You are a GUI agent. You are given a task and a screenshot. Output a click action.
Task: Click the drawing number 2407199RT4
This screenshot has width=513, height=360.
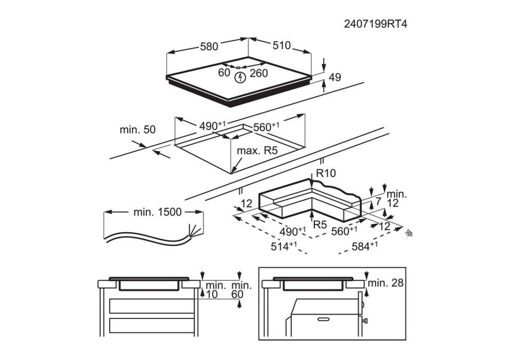(375, 23)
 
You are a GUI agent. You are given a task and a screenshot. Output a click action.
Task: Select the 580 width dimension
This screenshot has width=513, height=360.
(209, 46)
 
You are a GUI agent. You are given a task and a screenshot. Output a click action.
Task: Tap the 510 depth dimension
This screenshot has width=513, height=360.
(282, 45)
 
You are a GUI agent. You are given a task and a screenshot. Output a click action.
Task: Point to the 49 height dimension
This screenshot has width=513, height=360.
(335, 78)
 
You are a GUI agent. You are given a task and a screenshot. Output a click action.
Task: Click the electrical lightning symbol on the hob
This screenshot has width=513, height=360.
(239, 78)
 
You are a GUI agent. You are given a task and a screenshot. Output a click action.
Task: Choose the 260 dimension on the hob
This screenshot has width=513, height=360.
(259, 73)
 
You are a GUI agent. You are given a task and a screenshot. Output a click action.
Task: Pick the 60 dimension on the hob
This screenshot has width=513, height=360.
(224, 72)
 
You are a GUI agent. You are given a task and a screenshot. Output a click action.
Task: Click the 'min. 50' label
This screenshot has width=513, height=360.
(138, 130)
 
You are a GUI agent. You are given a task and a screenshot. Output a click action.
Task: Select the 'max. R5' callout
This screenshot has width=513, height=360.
(257, 151)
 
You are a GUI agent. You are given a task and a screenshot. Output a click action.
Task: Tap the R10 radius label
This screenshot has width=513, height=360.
(326, 173)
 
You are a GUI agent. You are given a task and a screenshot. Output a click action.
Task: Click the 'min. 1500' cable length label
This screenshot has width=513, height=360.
(158, 212)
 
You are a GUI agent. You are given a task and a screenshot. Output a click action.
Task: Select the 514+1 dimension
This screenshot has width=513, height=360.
(284, 246)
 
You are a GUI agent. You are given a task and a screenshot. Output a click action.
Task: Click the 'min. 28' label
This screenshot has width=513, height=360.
(385, 283)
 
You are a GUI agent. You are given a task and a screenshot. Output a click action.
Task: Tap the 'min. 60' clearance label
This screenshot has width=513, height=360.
(241, 290)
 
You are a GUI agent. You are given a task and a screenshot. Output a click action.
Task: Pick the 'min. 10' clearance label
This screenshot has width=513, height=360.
(216, 290)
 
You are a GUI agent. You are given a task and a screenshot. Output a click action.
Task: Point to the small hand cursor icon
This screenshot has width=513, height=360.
(409, 233)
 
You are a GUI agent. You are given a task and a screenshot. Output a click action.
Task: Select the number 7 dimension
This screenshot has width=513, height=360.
(378, 201)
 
